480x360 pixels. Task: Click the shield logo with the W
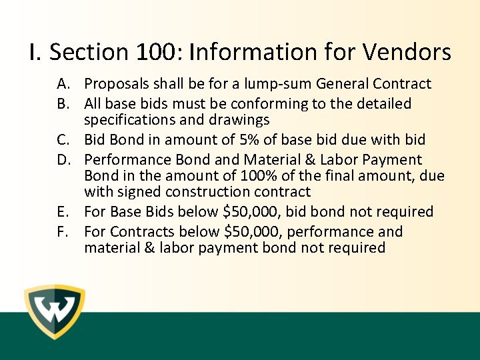(54, 312)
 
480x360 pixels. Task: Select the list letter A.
(64, 84)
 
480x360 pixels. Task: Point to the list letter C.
(64, 140)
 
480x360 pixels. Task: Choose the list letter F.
(64, 232)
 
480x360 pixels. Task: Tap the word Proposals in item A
(117, 84)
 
